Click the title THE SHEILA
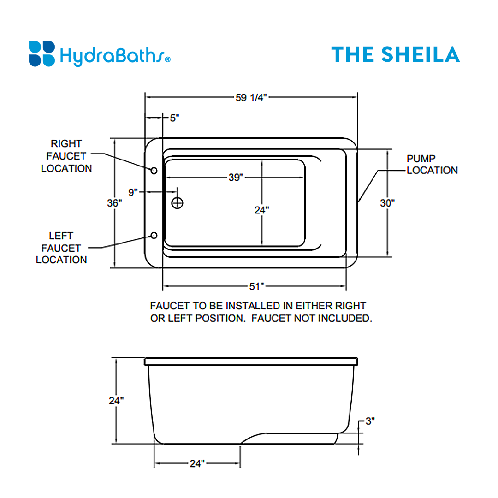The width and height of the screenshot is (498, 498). (395, 54)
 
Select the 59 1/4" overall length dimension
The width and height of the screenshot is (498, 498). (251, 97)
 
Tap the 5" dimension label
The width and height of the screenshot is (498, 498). (174, 118)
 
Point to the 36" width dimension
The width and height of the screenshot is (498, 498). (114, 203)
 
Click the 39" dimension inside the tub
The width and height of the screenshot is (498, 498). (235, 178)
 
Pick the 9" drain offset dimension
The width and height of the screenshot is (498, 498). (133, 192)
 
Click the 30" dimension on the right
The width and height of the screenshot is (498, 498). (388, 203)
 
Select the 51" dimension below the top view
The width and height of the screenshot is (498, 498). (256, 286)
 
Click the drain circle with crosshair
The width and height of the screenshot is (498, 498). (177, 202)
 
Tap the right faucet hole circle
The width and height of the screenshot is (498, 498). (154, 170)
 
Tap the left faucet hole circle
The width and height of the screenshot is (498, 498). (154, 236)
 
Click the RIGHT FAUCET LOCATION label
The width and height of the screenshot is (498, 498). (66, 156)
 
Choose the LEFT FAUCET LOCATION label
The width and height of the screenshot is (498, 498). (61, 248)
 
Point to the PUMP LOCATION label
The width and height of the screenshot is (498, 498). (432, 165)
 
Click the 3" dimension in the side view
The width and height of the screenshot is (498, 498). (370, 421)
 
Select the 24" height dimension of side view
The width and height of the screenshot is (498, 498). (116, 401)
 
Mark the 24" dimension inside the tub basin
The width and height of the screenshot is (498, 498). (261, 210)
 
